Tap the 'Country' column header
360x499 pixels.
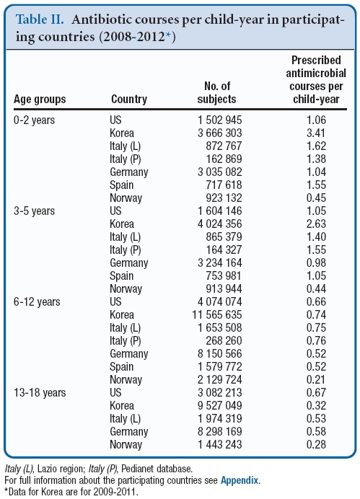pos(129,99)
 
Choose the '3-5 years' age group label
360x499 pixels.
pos(35,211)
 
